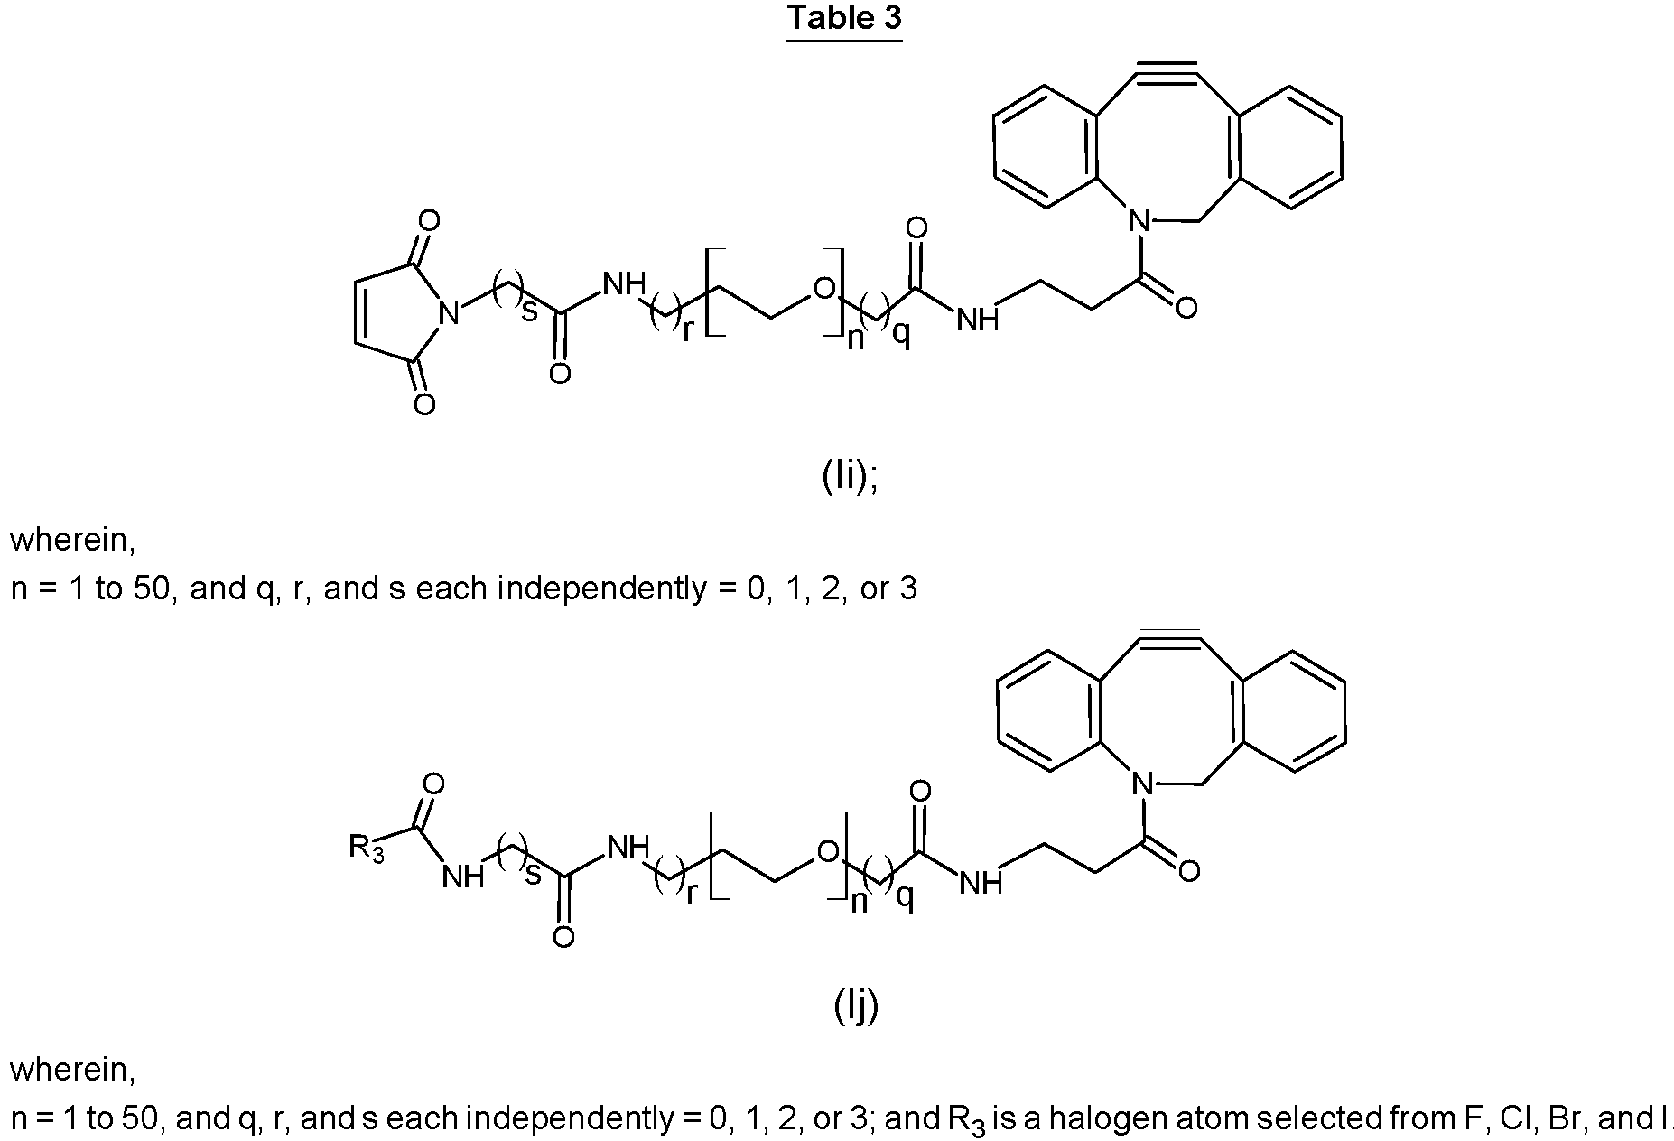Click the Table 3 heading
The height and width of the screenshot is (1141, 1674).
(844, 19)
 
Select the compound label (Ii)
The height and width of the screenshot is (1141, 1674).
(849, 477)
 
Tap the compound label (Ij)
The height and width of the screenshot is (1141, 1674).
(855, 1006)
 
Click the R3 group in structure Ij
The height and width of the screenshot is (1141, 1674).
(367, 849)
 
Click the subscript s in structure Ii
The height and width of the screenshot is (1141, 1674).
(530, 311)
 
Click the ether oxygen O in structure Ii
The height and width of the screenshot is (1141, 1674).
(823, 289)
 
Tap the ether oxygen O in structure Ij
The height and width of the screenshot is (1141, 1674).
(827, 851)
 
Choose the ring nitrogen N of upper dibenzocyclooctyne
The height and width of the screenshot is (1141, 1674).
(1140, 218)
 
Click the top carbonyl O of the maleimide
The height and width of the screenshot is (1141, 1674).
(430, 220)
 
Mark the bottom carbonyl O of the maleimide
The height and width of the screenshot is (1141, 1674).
(424, 404)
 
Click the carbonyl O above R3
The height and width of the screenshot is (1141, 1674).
(433, 784)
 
